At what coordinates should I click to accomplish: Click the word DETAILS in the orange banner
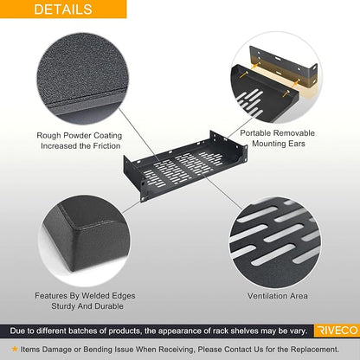(x=63, y=10)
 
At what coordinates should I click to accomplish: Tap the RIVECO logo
(x=337, y=331)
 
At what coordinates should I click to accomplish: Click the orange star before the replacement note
(x=15, y=349)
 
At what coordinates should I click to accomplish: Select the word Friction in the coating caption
(x=105, y=146)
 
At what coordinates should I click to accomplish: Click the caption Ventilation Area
(x=278, y=296)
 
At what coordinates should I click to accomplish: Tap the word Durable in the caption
(x=109, y=306)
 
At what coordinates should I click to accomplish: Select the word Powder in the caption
(x=77, y=135)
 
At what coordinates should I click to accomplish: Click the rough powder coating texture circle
(x=83, y=79)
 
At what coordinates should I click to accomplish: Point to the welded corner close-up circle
(x=84, y=240)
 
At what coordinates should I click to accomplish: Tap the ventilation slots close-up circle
(x=275, y=241)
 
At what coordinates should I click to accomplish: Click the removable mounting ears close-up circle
(x=276, y=77)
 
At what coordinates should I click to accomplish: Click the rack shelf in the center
(x=185, y=166)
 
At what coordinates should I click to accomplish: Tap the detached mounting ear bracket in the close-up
(x=284, y=67)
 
